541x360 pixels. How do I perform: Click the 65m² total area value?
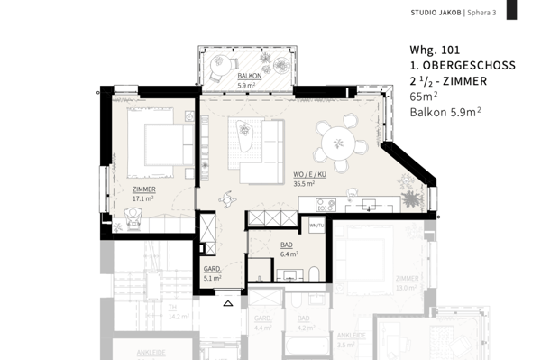coord(424,97)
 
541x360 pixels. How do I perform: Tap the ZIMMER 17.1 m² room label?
coord(142,193)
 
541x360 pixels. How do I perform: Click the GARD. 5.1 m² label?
coord(212,274)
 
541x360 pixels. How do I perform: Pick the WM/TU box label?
coord(316,224)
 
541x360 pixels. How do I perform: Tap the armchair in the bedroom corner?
coord(134,212)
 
